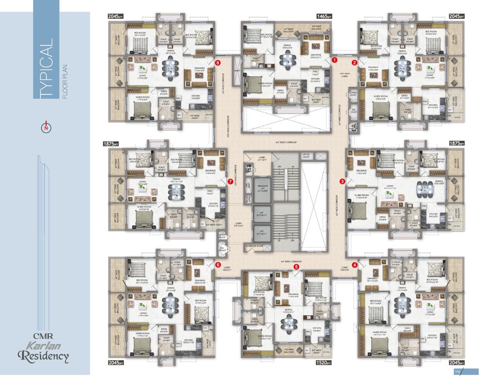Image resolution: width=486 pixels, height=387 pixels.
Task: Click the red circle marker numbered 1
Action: pyautogui.click(x=334, y=60)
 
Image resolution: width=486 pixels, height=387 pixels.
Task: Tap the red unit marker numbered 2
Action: pyautogui.click(x=355, y=62)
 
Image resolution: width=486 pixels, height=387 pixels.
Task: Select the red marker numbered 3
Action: pyautogui.click(x=343, y=181)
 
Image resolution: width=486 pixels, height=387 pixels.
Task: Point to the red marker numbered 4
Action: pyautogui.click(x=355, y=265)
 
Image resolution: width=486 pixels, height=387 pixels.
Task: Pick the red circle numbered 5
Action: pyautogui.click(x=296, y=265)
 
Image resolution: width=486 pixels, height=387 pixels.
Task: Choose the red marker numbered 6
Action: pyautogui.click(x=218, y=265)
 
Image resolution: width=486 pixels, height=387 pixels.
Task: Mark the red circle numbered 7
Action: pyautogui.click(x=230, y=182)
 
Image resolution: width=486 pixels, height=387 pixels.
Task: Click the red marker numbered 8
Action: pyautogui.click(x=218, y=62)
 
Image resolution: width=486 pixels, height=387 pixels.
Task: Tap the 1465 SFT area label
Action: pyautogui.click(x=324, y=16)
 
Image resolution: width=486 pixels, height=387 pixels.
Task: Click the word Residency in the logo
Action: pyautogui.click(x=44, y=357)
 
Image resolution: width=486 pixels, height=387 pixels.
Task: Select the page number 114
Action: pyautogui.click(x=456, y=372)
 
